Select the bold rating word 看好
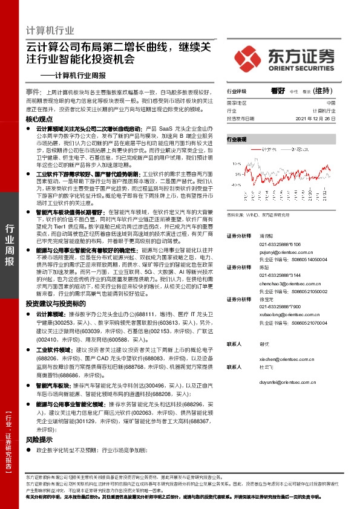point(278,91)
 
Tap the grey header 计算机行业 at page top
point(51,31)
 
